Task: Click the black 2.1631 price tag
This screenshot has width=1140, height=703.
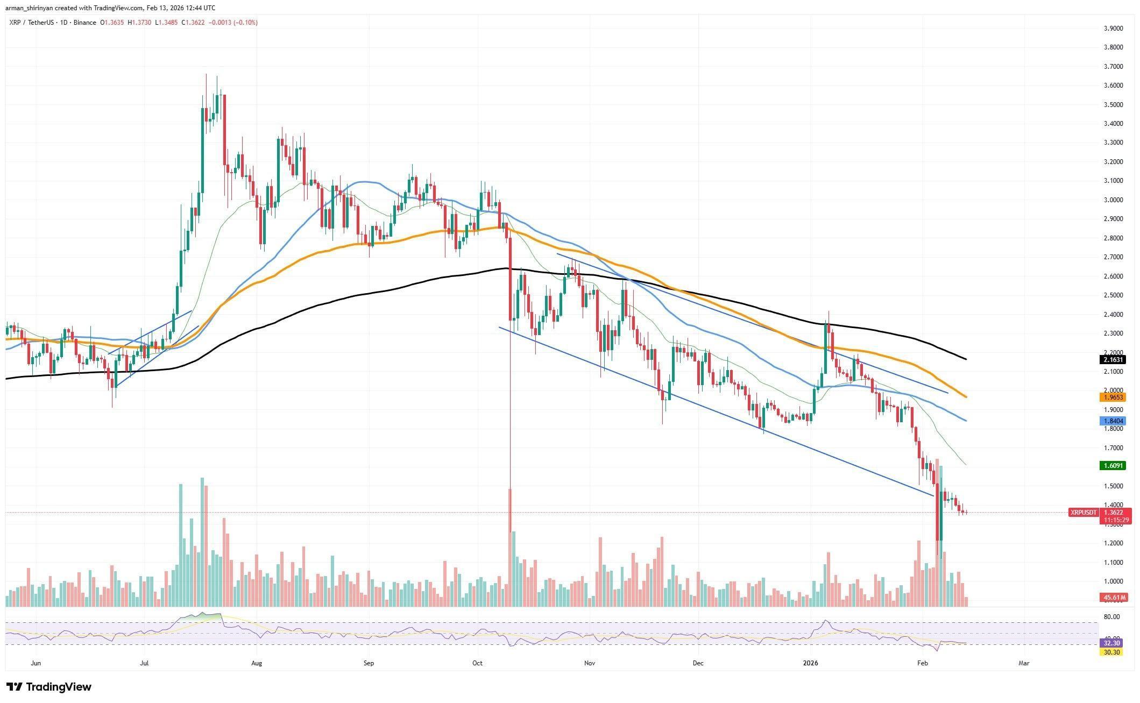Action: [x=1111, y=360]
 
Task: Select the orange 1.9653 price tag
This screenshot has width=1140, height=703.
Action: [x=1111, y=397]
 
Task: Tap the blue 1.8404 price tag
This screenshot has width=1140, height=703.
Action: [x=1111, y=421]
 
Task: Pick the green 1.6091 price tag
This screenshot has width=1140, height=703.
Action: [x=1111, y=466]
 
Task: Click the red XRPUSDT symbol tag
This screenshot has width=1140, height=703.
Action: [x=1083, y=513]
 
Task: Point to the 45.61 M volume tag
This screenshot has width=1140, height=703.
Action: [x=1111, y=598]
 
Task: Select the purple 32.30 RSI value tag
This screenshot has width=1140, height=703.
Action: [x=1111, y=643]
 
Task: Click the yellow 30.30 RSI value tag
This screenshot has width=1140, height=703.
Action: [x=1111, y=652]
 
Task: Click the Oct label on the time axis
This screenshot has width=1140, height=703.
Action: [x=477, y=663]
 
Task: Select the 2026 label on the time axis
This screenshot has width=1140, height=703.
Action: [x=810, y=663]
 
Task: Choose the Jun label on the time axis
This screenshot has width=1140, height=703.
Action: [x=36, y=663]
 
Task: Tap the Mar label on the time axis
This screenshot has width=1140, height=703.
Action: [x=1024, y=663]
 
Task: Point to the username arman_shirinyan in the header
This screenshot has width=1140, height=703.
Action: [x=31, y=8]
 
